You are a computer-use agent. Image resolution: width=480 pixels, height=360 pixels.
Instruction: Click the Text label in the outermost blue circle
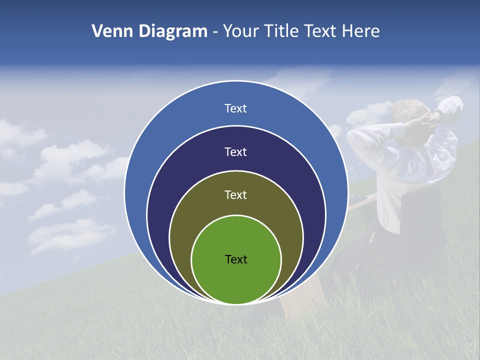point(236,108)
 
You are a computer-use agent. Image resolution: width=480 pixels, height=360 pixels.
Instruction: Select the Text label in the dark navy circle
point(236,151)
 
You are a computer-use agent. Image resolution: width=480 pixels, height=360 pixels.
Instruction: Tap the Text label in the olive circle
point(236,195)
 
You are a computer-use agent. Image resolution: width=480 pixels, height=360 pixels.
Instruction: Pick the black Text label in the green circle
point(236,259)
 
